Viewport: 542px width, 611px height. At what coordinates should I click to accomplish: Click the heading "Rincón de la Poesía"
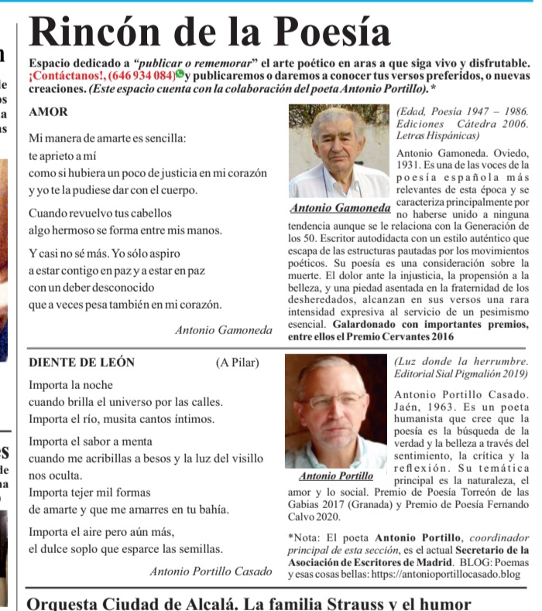(x=210, y=32)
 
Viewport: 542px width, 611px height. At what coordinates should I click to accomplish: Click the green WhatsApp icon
(x=180, y=75)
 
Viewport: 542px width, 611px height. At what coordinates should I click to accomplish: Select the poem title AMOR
(x=48, y=111)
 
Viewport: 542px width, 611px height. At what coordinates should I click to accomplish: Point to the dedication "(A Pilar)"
(x=237, y=362)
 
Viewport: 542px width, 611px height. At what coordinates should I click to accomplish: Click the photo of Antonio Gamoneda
(x=338, y=152)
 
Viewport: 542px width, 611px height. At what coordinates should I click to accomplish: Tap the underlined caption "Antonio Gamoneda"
(x=340, y=208)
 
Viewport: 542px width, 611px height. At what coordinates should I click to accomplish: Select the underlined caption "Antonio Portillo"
(x=336, y=476)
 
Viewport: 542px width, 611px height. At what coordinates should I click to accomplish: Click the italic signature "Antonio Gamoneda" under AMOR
(x=224, y=330)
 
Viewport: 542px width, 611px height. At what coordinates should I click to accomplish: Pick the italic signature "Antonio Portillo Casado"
(x=211, y=572)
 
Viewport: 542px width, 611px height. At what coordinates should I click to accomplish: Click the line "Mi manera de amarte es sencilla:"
(x=107, y=138)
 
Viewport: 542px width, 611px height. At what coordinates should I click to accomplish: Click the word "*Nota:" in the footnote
(x=302, y=538)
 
